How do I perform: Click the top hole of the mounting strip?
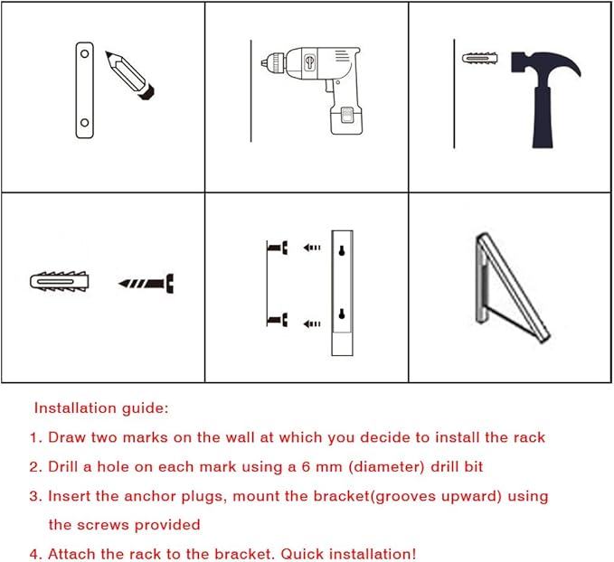click(x=85, y=53)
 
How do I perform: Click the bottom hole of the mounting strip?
click(x=85, y=123)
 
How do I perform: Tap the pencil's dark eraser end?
click(x=147, y=92)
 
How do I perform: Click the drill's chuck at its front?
click(x=273, y=62)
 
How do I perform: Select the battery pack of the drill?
click(x=346, y=120)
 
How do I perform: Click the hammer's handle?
click(x=543, y=117)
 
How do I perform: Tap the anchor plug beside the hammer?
click(x=480, y=59)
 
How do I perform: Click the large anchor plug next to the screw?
click(x=60, y=281)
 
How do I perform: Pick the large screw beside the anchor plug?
click(x=146, y=284)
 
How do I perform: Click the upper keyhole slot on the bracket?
click(x=342, y=251)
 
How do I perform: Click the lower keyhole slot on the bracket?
click(x=342, y=314)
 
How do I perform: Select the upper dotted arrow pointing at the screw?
click(x=312, y=248)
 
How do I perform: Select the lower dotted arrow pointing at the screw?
click(x=312, y=323)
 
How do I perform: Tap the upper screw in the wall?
click(x=278, y=248)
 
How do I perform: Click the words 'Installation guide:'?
click(x=101, y=407)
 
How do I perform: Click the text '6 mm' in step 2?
click(x=322, y=466)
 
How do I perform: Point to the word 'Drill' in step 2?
click(x=62, y=466)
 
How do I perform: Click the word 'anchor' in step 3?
click(x=150, y=496)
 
